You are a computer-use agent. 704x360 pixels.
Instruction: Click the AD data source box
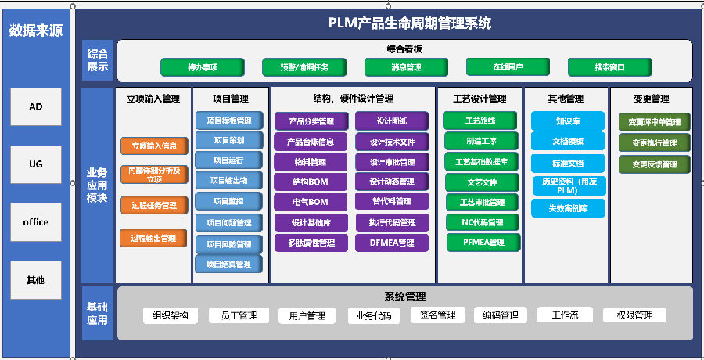36,107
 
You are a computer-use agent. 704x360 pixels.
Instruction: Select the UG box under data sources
36,164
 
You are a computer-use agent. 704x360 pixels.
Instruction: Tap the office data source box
36,222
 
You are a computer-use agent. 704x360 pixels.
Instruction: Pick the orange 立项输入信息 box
154,146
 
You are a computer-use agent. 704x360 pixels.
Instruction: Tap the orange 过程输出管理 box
154,238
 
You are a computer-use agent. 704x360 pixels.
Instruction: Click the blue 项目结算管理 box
229,265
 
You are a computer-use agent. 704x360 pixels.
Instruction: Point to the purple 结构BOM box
311,182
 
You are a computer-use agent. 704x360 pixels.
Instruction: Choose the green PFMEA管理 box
482,243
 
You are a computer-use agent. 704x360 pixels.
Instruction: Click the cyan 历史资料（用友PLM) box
568,185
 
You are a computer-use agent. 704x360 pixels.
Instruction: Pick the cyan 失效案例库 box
568,208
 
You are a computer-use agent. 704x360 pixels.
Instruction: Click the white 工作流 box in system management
564,315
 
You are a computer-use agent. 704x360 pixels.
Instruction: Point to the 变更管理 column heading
651,99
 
